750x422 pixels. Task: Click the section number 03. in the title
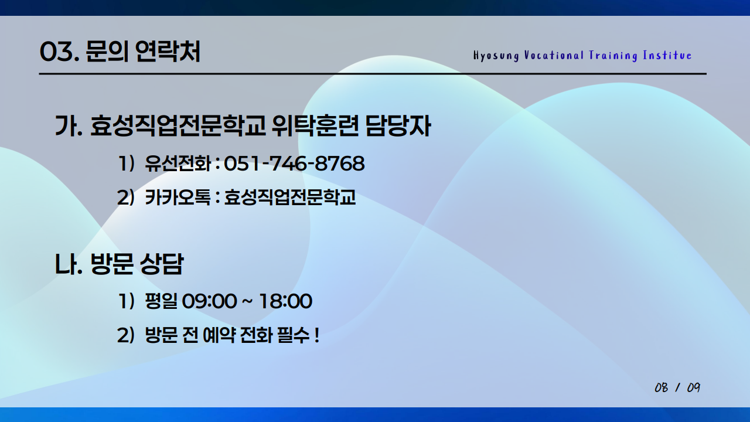59,53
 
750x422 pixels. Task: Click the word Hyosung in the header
496,56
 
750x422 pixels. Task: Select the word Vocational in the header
554,56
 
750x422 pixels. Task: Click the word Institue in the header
667,56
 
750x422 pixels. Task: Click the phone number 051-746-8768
294,164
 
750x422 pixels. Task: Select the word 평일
161,302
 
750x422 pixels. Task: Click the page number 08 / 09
677,388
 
